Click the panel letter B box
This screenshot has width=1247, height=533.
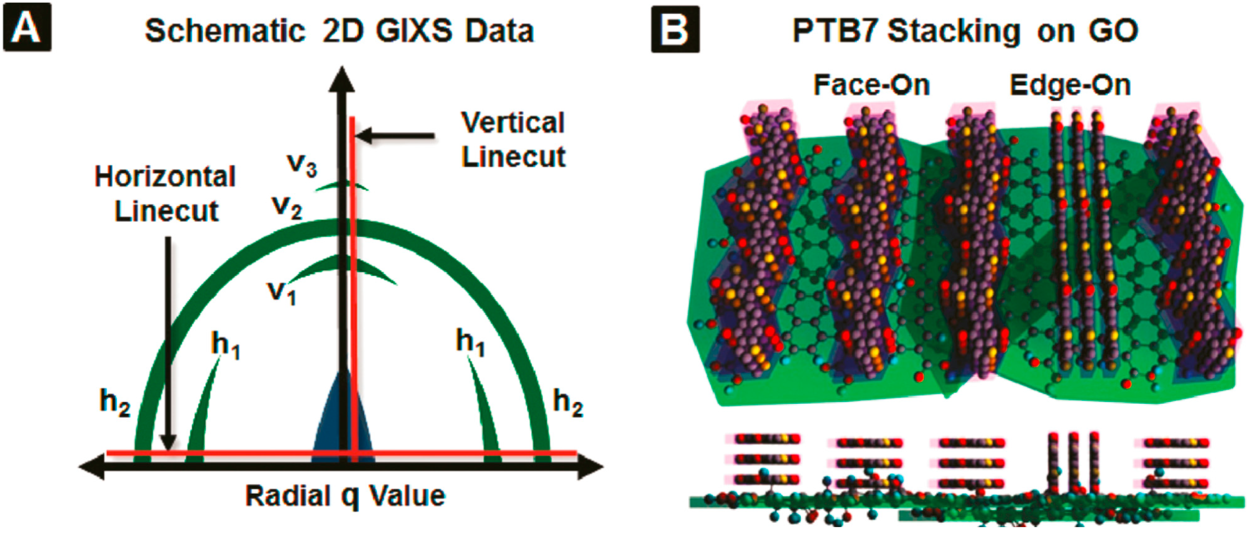(x=675, y=29)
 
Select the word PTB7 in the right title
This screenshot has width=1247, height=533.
(x=835, y=31)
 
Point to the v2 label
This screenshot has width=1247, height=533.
(x=287, y=207)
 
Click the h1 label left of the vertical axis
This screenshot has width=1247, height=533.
(x=225, y=345)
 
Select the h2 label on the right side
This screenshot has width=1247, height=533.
(x=568, y=403)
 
